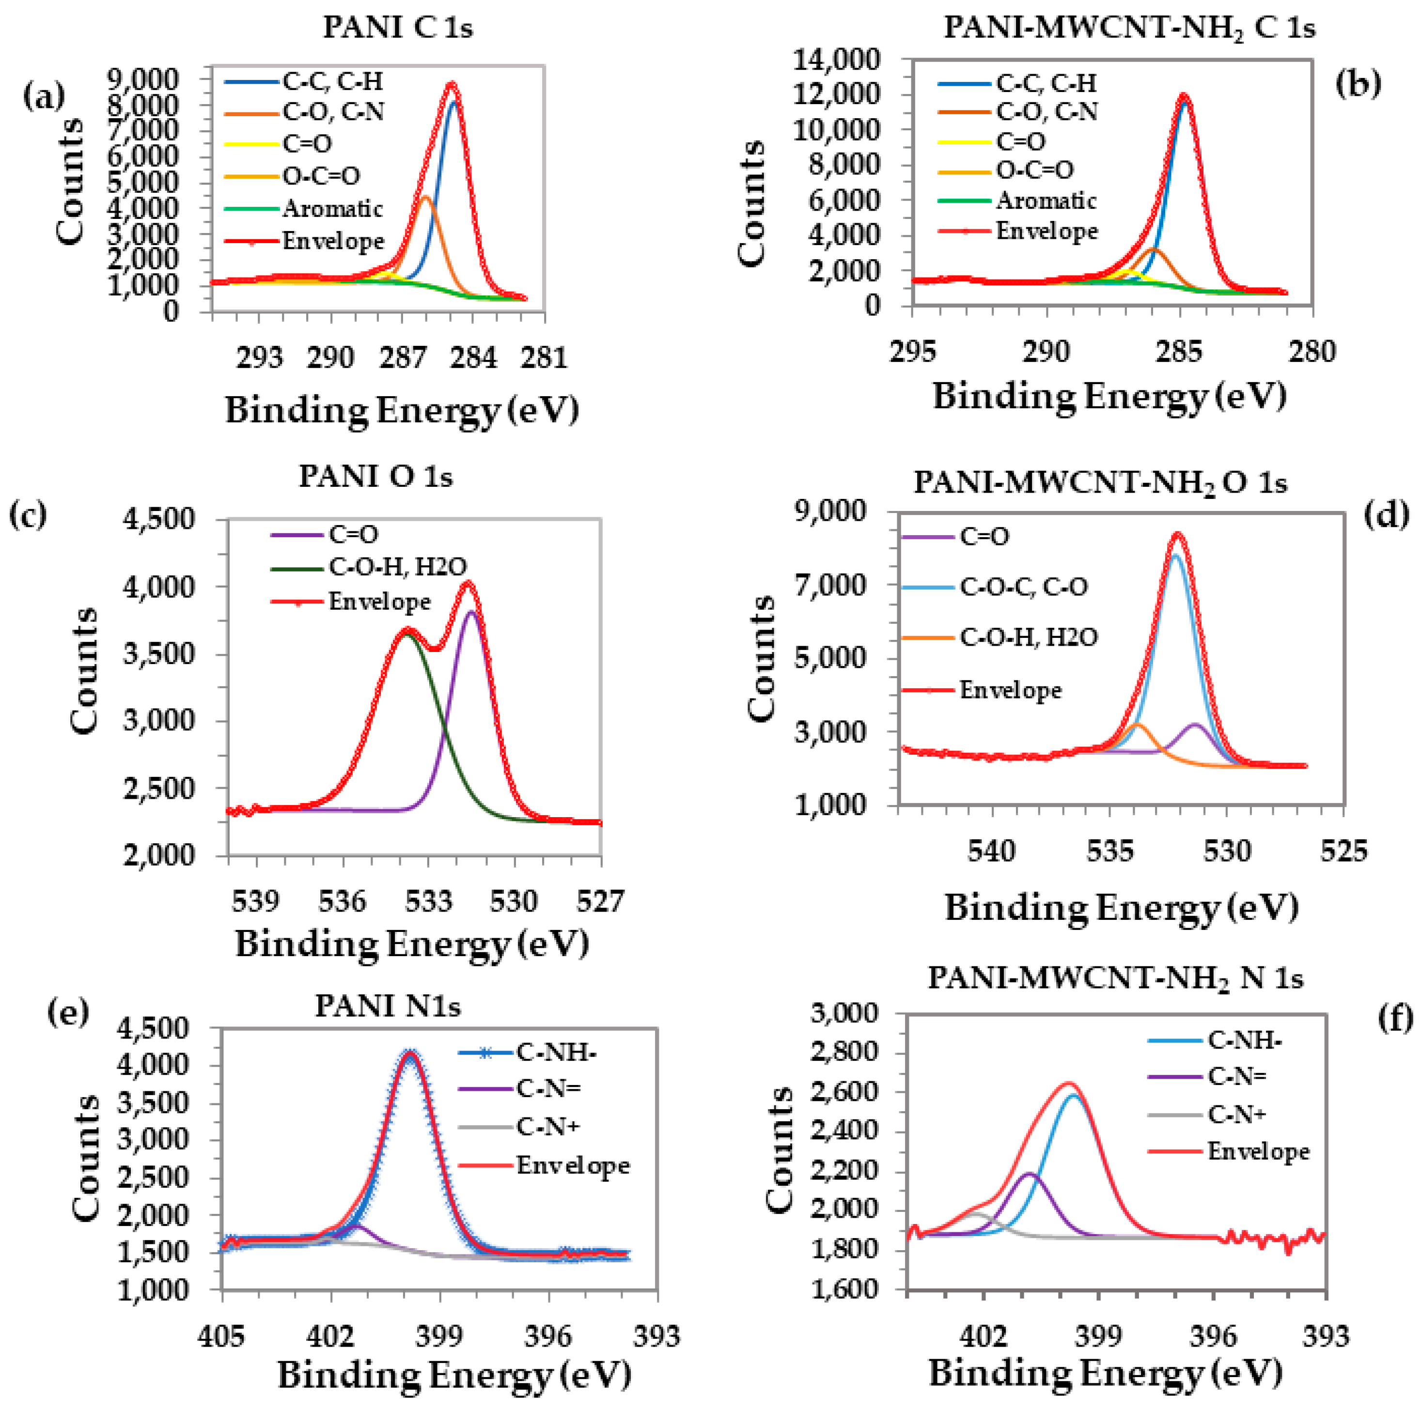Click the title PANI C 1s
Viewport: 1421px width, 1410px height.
pyautogui.click(x=397, y=28)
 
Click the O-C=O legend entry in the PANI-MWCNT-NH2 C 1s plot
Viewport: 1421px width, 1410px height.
pyautogui.click(x=1034, y=170)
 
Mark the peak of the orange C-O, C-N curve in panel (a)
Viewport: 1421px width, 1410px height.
pyautogui.click(x=425, y=197)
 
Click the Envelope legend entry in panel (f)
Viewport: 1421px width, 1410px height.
pyautogui.click(x=1258, y=1151)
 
